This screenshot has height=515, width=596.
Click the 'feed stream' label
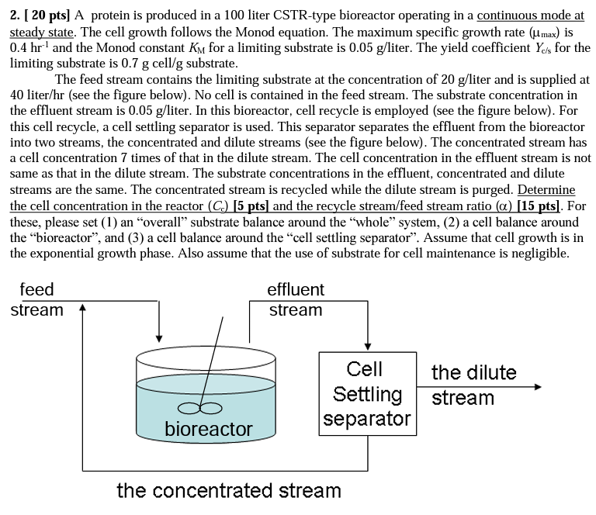pos(36,300)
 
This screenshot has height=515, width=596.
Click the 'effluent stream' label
pos(296,300)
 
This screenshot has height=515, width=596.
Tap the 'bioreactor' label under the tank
pos(208,429)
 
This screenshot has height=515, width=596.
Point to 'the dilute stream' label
pos(473,385)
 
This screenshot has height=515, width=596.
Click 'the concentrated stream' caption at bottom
pos(228,491)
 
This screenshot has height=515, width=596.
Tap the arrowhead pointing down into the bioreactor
pos(159,337)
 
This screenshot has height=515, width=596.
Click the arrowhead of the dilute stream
pos(536,384)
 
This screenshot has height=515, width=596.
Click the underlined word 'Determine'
pos(546,189)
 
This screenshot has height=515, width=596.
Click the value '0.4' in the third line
pos(20,48)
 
